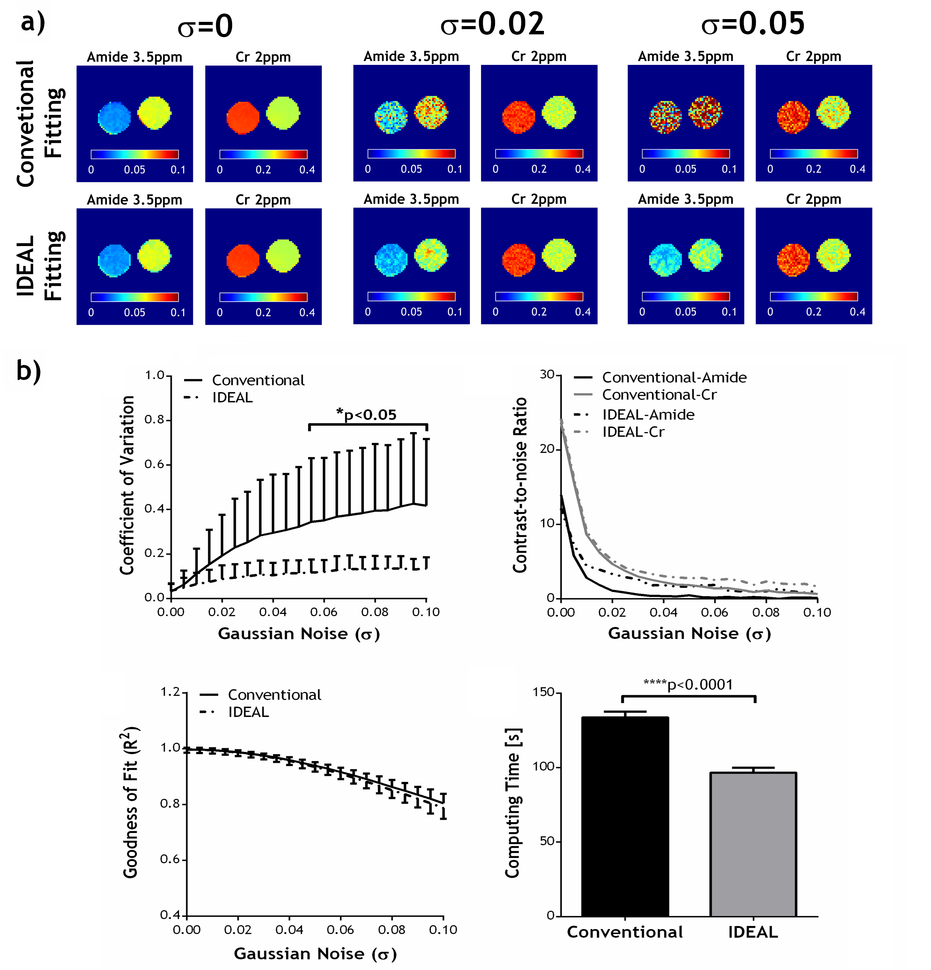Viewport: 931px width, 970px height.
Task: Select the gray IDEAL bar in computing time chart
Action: (x=753, y=844)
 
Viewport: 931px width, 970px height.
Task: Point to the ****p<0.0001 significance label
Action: (x=687, y=685)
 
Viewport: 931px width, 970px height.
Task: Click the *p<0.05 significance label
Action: (x=367, y=414)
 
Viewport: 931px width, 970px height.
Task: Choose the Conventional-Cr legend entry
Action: (x=659, y=395)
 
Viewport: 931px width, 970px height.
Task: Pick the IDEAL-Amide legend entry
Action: (x=648, y=415)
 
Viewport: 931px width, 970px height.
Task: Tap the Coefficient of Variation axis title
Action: (x=127, y=485)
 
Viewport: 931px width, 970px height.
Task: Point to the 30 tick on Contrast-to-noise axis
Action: (x=547, y=374)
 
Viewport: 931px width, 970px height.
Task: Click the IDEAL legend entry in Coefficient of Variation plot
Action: (x=232, y=397)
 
